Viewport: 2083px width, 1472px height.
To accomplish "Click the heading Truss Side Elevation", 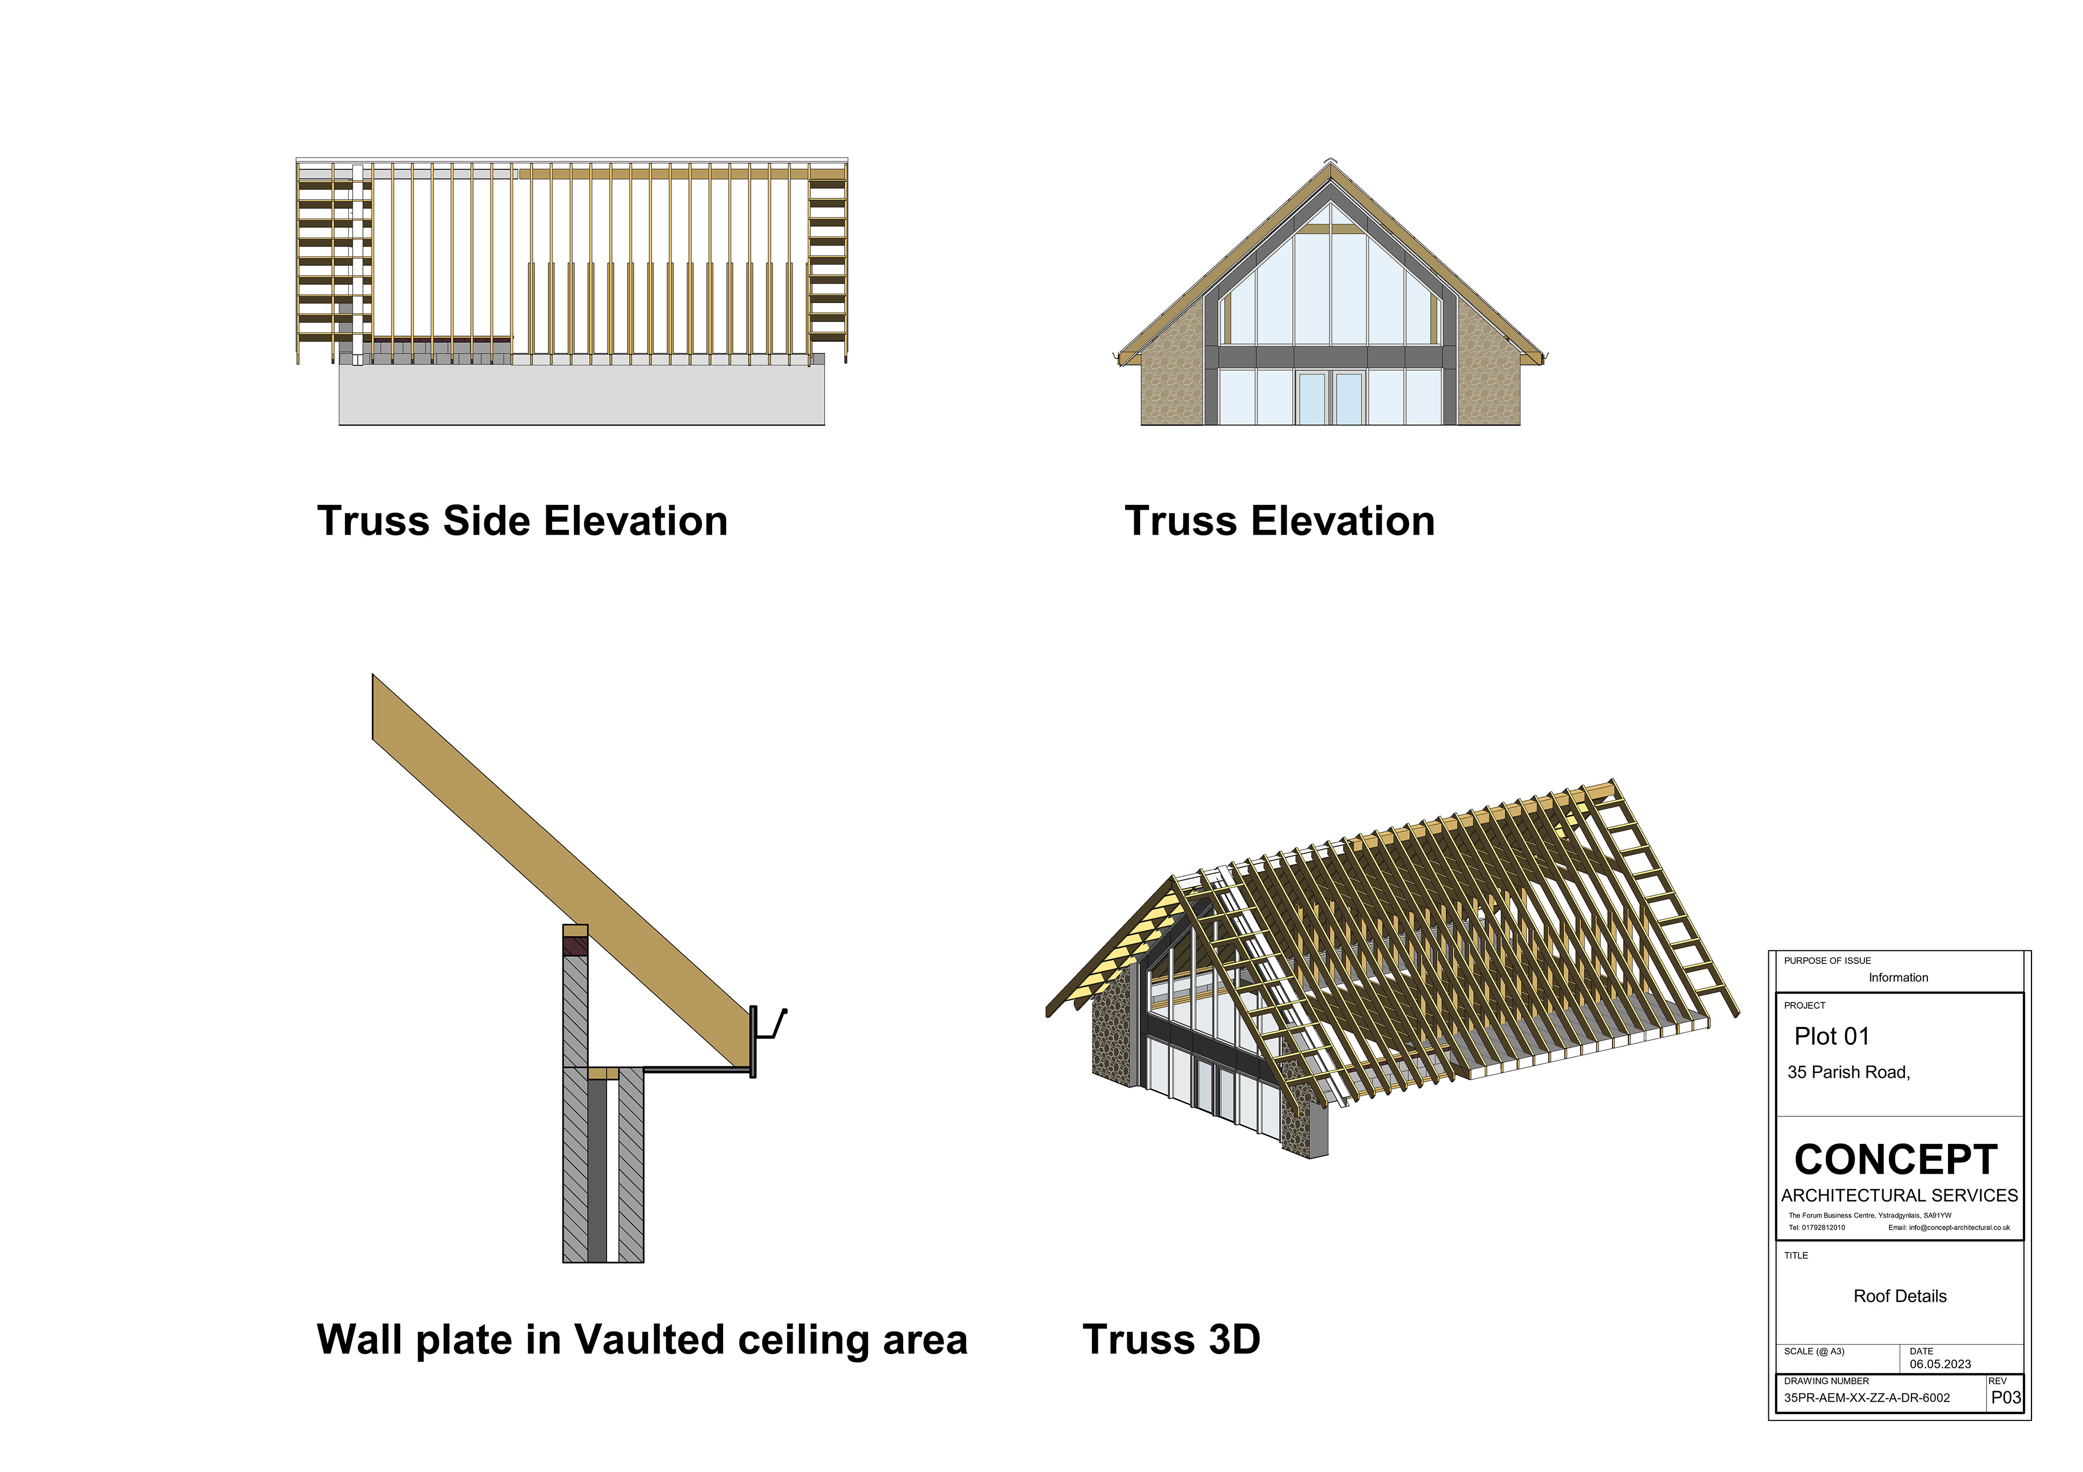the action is pos(522,522).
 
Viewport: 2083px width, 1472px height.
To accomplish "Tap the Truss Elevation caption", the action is pos(1279,522).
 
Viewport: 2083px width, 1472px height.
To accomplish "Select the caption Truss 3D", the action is pos(1171,1340).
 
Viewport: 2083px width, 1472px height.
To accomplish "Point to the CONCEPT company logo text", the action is pos(1895,1160).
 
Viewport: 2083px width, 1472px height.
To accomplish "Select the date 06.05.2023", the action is pos(1940,1364).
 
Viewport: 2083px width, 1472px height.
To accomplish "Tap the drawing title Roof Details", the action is pos(1900,1296).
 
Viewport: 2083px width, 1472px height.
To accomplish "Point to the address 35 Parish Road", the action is pos(1848,1072).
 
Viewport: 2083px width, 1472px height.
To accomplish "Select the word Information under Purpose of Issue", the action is pos(1898,978).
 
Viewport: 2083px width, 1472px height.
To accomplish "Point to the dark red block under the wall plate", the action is pos(575,946).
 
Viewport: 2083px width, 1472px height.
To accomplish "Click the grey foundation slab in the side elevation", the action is pos(582,395).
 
